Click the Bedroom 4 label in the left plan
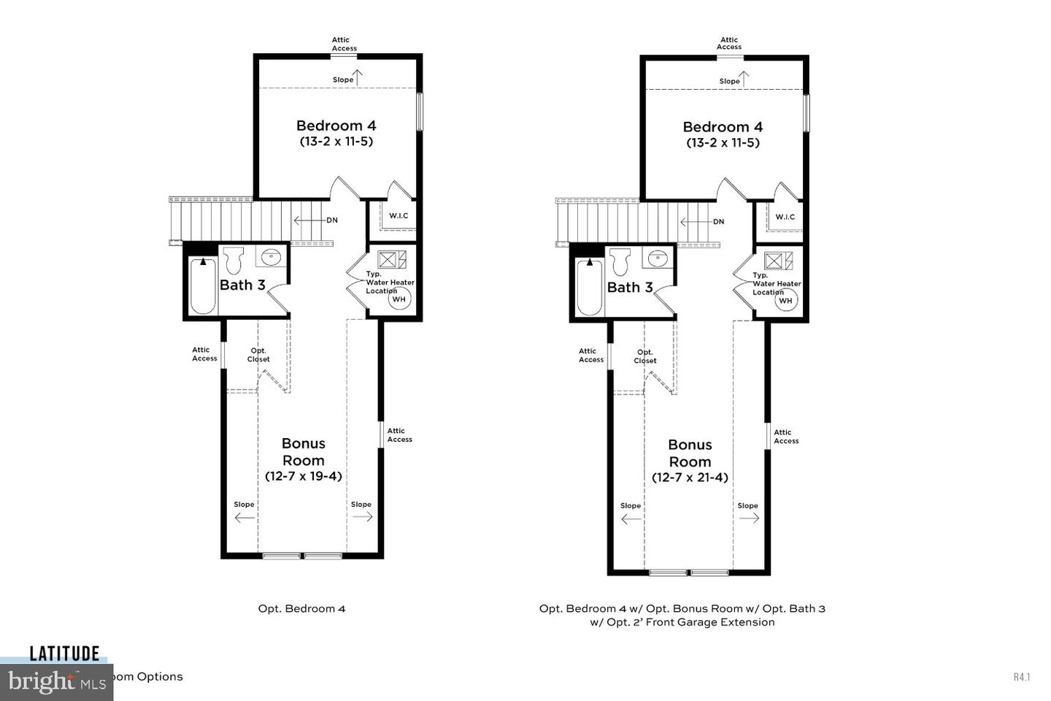click(336, 126)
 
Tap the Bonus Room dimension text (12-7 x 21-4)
click(690, 478)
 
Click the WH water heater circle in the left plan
click(399, 299)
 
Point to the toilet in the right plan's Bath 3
click(620, 261)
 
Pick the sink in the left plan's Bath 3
click(271, 256)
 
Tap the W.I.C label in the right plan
click(785, 217)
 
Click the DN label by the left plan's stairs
click(332, 220)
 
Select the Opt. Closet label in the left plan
click(258, 355)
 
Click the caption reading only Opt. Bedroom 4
click(301, 608)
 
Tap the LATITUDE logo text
click(64, 654)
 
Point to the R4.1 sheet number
click(1022, 677)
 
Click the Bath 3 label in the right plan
click(630, 288)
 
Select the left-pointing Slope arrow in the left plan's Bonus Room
click(245, 518)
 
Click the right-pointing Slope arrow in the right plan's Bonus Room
click(749, 518)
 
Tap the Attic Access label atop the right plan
click(729, 43)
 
